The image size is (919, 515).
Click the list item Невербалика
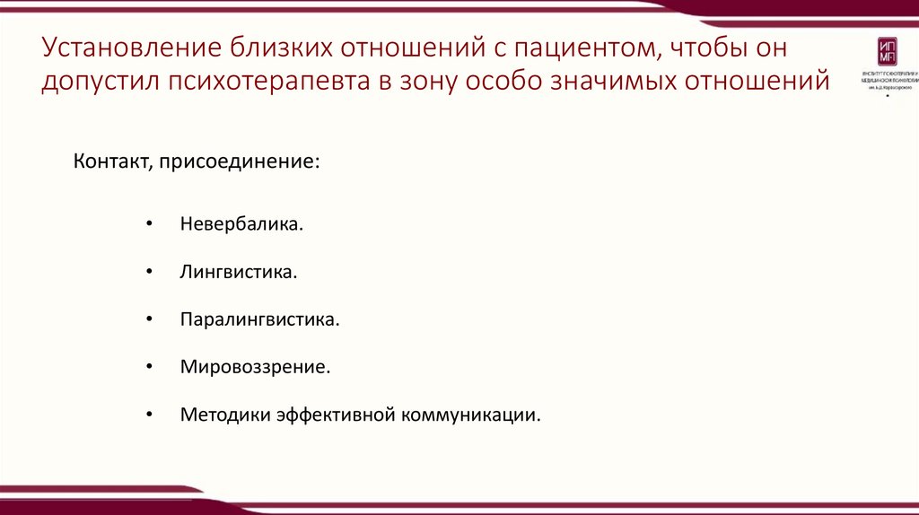tap(241, 222)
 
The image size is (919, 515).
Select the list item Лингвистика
tap(238, 270)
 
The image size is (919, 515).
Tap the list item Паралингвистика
tap(259, 319)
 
